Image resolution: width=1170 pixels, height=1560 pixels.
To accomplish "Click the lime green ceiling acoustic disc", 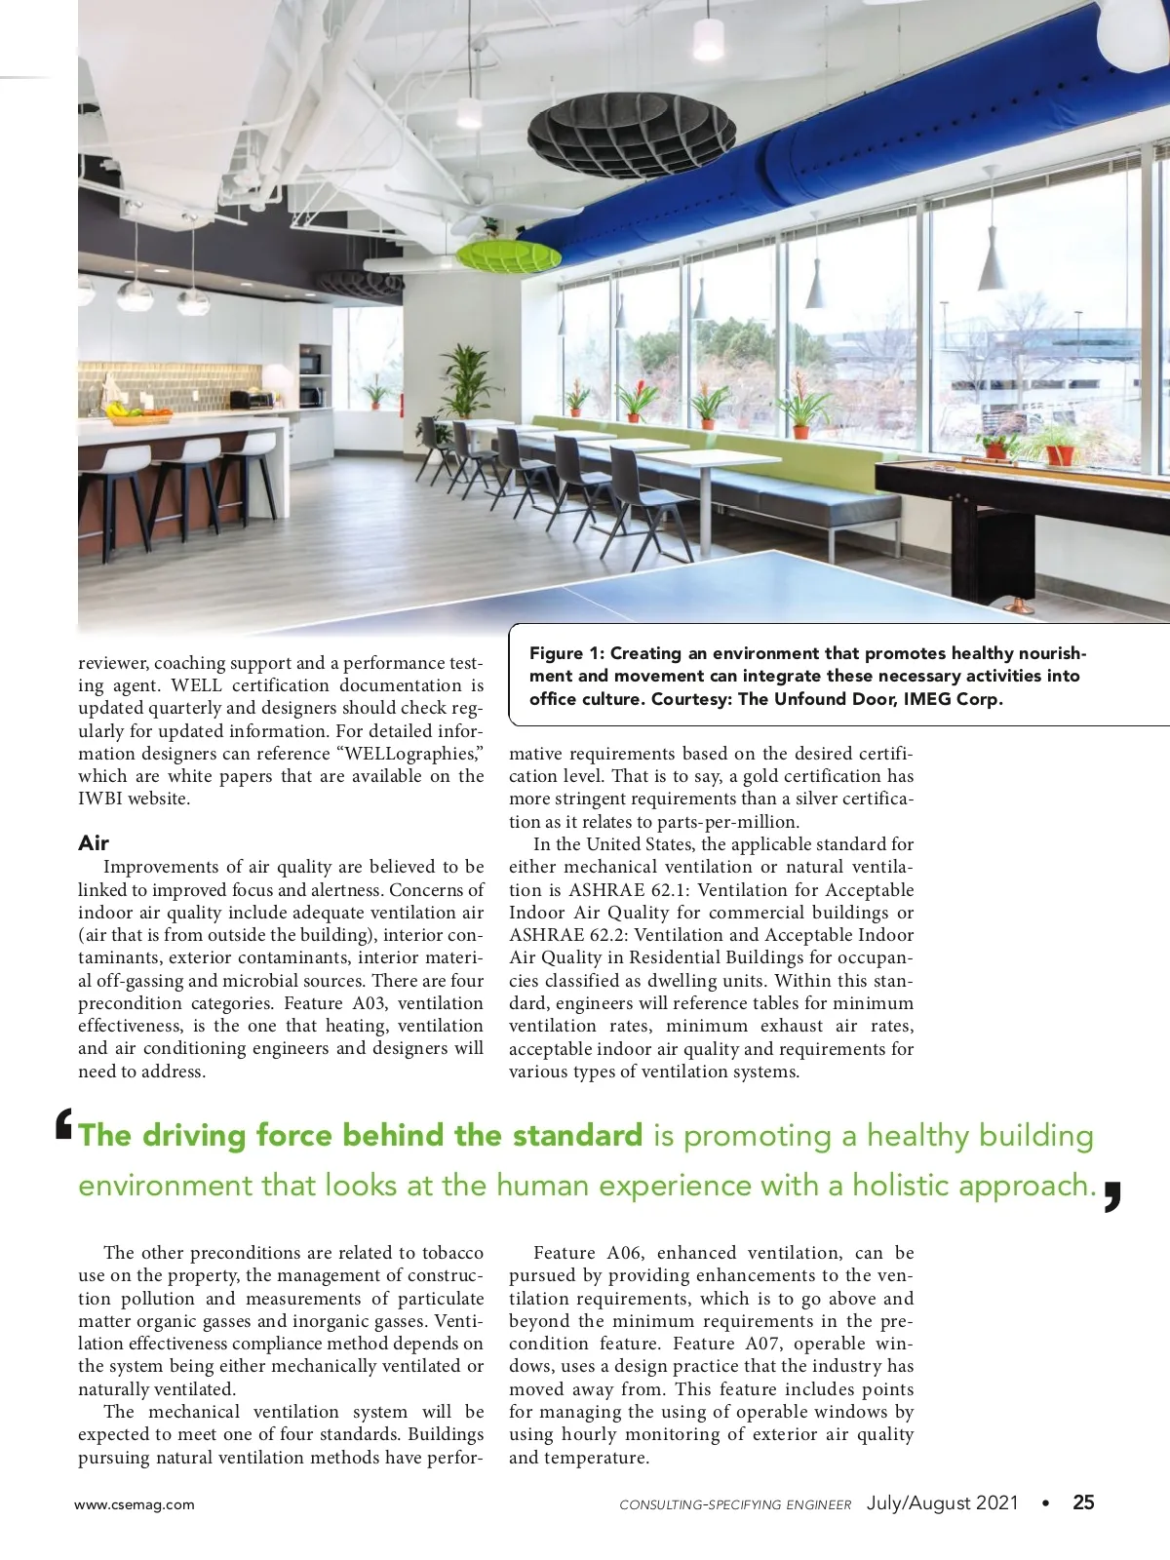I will [508, 255].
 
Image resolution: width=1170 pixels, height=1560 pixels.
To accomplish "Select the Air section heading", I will [94, 842].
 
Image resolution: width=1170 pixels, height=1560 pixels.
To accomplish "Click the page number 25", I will [1083, 1502].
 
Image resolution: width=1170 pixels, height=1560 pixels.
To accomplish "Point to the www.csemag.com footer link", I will [135, 1504].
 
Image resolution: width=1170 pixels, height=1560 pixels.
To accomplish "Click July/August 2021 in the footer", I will [942, 1502].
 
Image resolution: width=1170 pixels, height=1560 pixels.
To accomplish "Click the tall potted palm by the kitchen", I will [465, 385].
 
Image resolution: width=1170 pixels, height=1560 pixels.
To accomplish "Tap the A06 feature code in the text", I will [625, 1253].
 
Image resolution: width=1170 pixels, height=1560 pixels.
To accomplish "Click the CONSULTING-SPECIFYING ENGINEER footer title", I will [735, 1504].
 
